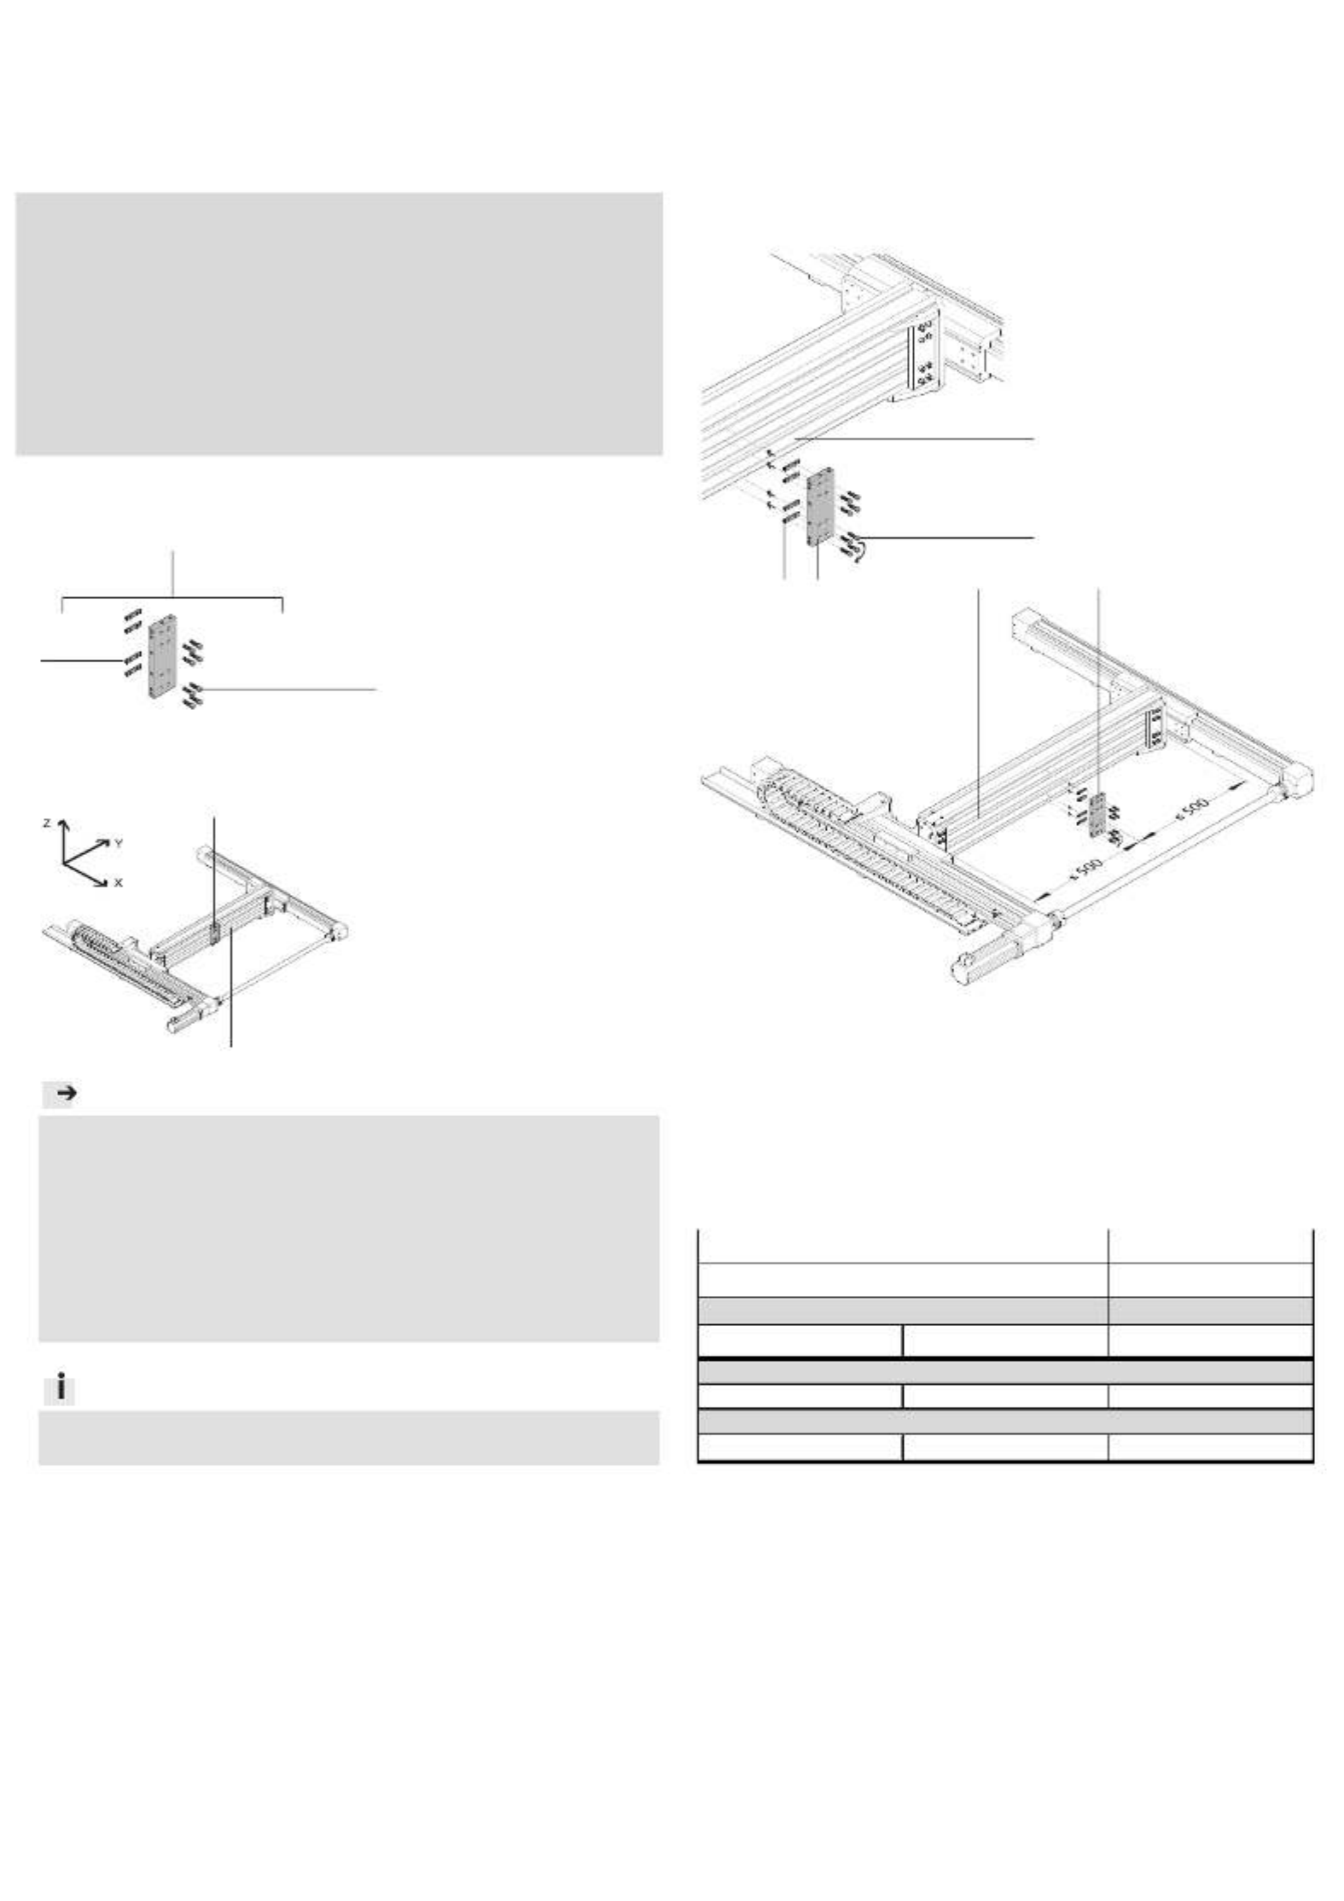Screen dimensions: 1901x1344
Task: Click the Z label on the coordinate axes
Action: pos(48,823)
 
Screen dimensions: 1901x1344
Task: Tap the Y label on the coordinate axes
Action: pos(119,842)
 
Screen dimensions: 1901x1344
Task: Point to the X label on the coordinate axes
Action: pos(118,883)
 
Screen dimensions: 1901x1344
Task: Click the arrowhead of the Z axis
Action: pos(62,825)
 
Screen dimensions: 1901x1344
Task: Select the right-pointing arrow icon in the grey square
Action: pos(66,1095)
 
